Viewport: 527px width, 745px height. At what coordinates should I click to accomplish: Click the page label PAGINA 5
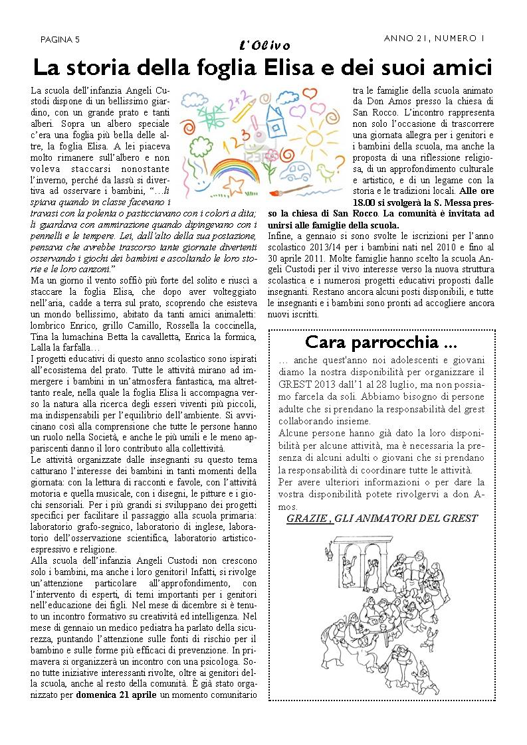(60, 39)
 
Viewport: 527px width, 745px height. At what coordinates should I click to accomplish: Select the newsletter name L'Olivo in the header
(264, 45)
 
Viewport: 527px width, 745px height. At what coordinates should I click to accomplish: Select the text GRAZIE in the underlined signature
(306, 519)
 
